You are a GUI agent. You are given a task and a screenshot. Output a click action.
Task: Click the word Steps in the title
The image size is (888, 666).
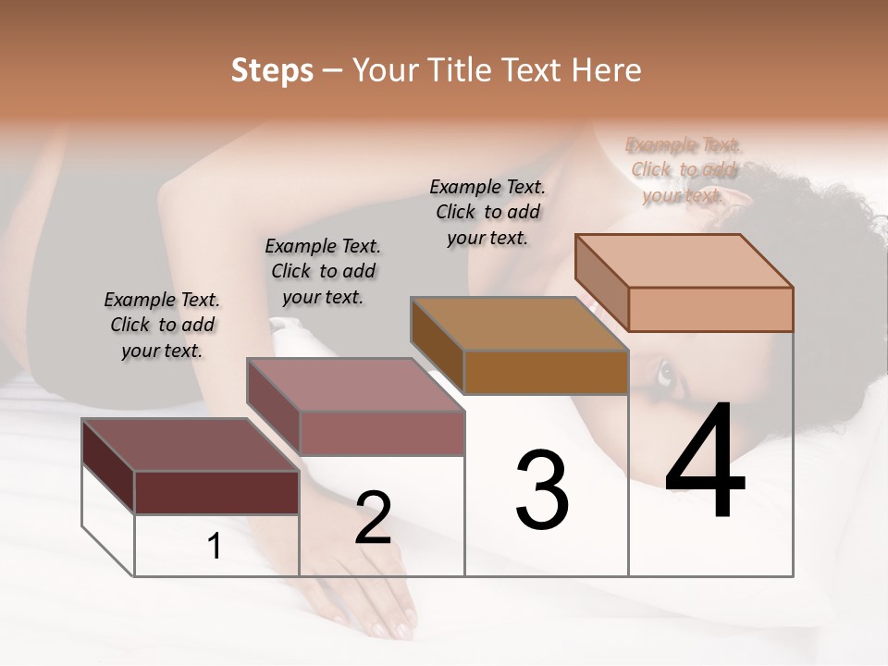point(272,70)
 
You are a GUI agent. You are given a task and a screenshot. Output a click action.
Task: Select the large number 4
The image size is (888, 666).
point(705,462)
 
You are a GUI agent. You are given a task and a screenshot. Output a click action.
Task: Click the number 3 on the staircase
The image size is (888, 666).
point(542,491)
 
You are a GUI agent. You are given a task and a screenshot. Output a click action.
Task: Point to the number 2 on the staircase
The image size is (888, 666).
point(373,518)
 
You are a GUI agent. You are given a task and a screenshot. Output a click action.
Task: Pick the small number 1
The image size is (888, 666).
point(215,546)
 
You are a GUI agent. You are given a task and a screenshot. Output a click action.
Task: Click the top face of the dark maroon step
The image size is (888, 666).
point(190,445)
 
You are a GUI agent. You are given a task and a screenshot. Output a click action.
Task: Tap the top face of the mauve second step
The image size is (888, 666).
point(355,385)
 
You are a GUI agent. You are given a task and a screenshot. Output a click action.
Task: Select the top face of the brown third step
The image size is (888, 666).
point(519,324)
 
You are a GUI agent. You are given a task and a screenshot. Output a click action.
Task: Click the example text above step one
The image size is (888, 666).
point(162,325)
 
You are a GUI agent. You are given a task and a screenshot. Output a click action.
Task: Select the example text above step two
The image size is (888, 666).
point(323,271)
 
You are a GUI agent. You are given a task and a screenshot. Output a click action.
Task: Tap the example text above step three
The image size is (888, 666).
point(487,212)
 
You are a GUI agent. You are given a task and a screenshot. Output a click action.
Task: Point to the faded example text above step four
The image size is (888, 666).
point(684,169)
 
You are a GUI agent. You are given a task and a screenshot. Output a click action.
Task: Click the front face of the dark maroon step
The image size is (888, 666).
point(216,492)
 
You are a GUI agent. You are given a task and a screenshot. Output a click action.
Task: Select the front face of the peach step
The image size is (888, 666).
point(710,309)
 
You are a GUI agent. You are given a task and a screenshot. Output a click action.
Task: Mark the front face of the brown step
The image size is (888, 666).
point(546,372)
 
